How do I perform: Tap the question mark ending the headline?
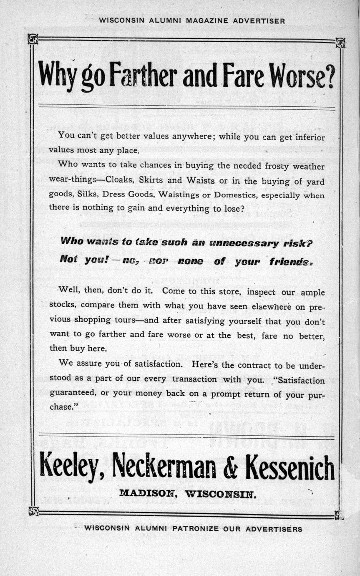329,77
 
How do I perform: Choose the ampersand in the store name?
230,467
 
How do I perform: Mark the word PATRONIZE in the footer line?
195,528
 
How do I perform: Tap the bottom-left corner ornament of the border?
33,511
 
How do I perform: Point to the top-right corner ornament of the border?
340,42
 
